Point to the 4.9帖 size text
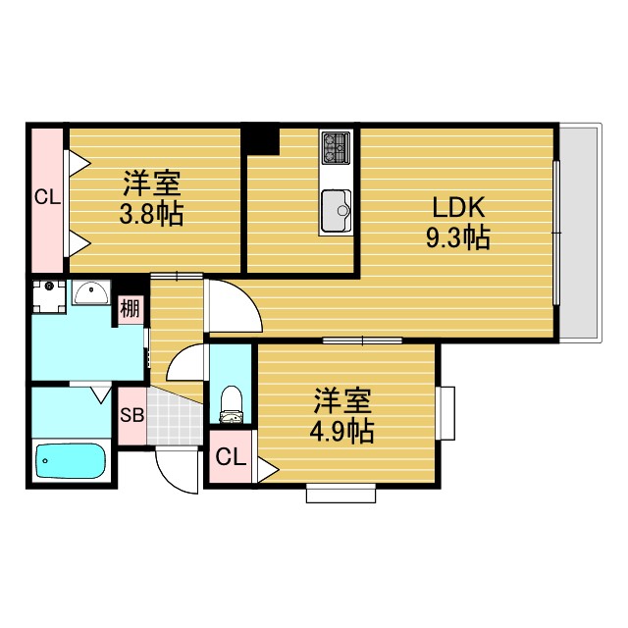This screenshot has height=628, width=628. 343,430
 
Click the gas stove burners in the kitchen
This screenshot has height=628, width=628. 336,149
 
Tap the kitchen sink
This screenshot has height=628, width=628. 337,210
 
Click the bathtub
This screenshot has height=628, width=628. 71,461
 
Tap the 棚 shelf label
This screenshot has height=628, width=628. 131,309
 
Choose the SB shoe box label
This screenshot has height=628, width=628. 131,414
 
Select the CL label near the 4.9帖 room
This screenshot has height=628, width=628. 231,456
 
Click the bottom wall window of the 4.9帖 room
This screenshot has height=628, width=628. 340,494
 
